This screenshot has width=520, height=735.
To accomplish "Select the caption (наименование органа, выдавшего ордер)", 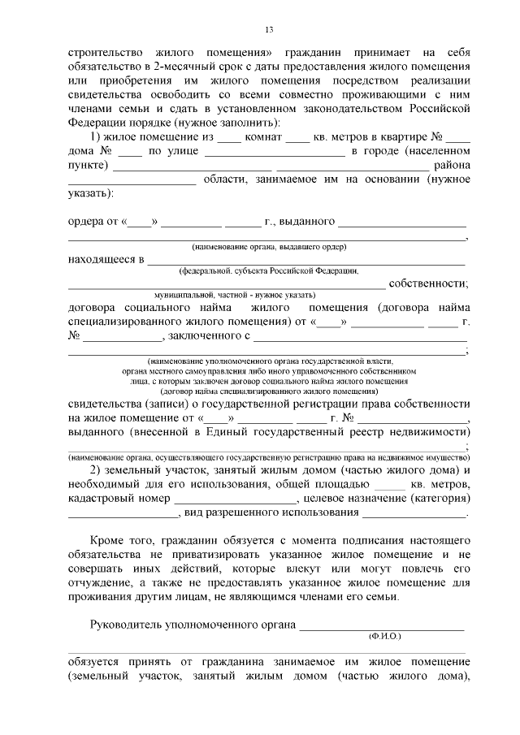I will tap(269, 246).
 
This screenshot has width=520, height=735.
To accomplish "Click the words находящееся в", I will tap(105, 260).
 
